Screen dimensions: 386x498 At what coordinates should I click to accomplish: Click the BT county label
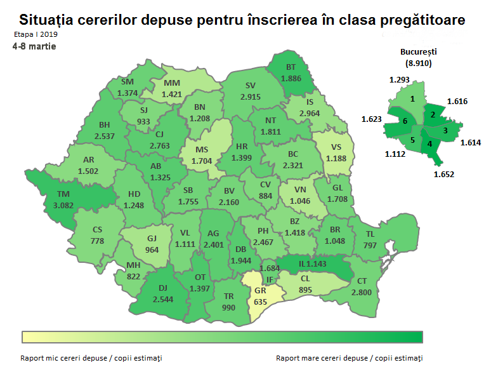[x=291, y=67]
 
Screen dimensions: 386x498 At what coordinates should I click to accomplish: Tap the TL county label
[x=370, y=234]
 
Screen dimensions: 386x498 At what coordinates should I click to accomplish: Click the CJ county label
[x=159, y=134]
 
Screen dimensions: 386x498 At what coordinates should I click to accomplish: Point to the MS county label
[x=202, y=150]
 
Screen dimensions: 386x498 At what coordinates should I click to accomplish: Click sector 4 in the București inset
[x=429, y=143]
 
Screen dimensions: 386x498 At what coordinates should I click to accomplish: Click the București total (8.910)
[x=419, y=63]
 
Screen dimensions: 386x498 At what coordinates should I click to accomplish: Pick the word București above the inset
[x=419, y=52]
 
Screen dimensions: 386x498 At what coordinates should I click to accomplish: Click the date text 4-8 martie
[x=33, y=46]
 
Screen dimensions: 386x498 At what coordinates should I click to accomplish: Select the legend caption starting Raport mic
[x=91, y=358]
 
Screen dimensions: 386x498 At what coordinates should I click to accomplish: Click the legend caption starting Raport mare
[x=349, y=358]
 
